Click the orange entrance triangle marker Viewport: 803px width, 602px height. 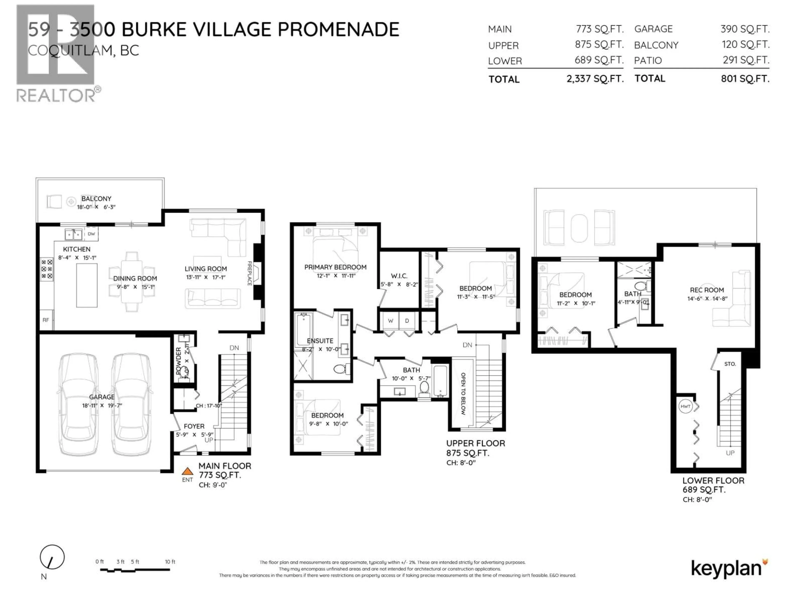(x=187, y=471)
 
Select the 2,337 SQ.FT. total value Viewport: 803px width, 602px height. (x=595, y=79)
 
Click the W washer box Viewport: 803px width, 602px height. (x=391, y=321)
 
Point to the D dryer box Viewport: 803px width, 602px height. (x=407, y=321)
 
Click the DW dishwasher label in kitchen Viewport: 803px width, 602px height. (x=91, y=234)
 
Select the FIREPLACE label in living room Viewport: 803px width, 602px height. (x=250, y=273)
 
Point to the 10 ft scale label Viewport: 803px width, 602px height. (x=170, y=562)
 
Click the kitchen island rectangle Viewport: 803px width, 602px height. (x=87, y=286)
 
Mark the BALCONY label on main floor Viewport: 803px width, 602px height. (x=96, y=199)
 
